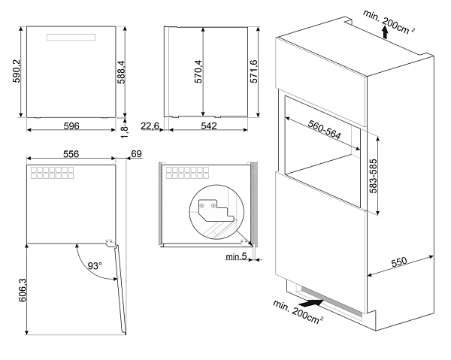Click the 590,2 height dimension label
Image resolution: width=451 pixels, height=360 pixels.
(17, 71)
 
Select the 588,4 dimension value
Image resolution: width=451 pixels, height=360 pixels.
(121, 72)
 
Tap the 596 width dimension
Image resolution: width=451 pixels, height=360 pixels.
(71, 126)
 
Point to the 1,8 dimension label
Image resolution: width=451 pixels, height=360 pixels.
(125, 132)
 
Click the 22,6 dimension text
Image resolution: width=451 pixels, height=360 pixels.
(150, 126)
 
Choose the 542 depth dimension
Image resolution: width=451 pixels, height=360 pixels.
(209, 126)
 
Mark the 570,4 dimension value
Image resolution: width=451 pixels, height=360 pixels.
(198, 71)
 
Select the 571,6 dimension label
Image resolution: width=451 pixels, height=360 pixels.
(254, 71)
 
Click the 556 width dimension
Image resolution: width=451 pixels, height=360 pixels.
(71, 154)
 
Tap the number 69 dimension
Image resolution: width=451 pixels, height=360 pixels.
(136, 154)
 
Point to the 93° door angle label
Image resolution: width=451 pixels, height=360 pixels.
(95, 266)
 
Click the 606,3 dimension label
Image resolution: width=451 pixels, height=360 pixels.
(22, 290)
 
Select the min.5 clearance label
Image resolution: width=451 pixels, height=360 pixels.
(236, 256)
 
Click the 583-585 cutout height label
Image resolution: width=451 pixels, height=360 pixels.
(373, 176)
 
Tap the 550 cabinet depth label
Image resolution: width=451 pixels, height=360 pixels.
(399, 262)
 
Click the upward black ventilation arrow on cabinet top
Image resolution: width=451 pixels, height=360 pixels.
(385, 32)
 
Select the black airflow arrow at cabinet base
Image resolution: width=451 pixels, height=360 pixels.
(311, 303)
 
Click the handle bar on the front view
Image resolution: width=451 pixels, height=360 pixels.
(71, 37)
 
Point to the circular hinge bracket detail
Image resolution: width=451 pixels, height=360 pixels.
(216, 212)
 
